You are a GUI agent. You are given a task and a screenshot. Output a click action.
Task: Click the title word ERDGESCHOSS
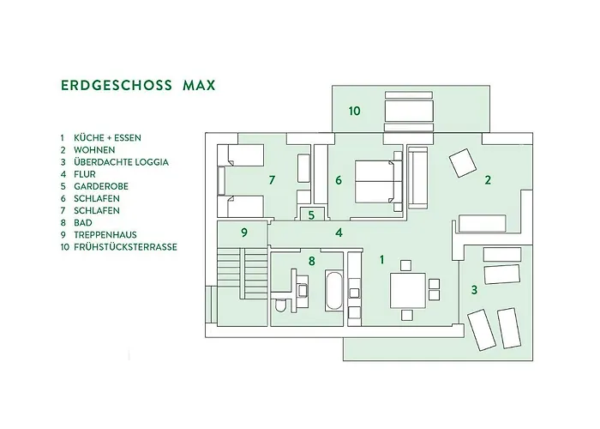[117, 85]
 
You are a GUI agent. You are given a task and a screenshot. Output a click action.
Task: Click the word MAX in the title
[199, 85]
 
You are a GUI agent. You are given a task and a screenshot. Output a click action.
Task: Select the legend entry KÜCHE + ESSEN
[107, 138]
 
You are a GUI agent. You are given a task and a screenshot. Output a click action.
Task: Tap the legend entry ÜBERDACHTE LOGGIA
[121, 162]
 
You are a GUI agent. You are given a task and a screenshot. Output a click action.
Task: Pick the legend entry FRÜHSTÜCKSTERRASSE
[125, 247]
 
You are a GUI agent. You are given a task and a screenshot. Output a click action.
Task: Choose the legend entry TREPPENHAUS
[105, 235]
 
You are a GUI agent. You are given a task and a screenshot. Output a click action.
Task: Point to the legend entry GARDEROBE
[101, 186]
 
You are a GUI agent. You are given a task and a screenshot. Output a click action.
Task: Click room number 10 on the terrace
[354, 111]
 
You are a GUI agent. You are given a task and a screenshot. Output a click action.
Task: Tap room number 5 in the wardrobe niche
[311, 215]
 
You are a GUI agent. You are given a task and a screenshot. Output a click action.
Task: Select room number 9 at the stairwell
[244, 233]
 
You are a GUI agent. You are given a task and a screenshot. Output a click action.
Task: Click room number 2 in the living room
[488, 180]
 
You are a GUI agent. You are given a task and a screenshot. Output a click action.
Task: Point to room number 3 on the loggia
[474, 290]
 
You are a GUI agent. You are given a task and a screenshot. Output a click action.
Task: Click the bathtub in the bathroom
[333, 291]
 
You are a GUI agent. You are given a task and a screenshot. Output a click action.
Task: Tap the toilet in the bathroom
[280, 305]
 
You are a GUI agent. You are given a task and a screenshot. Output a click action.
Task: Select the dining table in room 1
[408, 290]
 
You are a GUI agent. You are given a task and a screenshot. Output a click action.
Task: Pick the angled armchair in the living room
[463, 163]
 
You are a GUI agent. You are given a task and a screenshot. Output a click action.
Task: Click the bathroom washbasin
[303, 290]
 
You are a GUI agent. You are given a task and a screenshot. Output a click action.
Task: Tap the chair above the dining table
[406, 265]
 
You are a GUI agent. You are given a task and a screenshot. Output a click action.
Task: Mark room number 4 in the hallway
[339, 233]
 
